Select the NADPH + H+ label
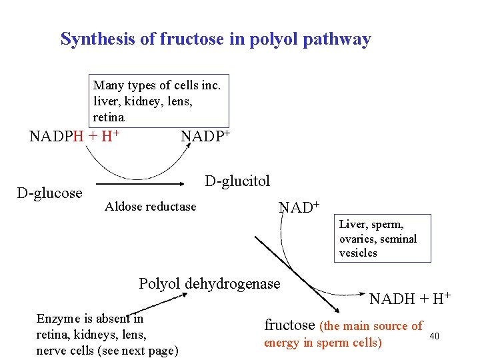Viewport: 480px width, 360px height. (x=74, y=137)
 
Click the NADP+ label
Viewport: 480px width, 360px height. (x=205, y=137)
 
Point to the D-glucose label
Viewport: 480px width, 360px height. (x=49, y=193)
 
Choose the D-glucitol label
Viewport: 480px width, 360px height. (x=237, y=181)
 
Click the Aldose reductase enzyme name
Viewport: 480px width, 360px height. (x=151, y=207)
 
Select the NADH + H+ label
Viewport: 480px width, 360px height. (x=410, y=298)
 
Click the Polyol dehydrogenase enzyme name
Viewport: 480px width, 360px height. (x=209, y=283)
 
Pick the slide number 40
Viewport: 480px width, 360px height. (x=434, y=335)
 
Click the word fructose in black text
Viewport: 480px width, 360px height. (x=289, y=325)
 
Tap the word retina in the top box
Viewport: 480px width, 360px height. (x=109, y=117)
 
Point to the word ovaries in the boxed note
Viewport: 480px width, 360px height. (x=358, y=239)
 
